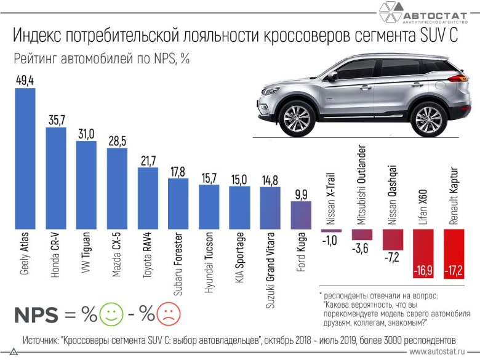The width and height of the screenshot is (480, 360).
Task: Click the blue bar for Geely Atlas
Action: coord(25,160)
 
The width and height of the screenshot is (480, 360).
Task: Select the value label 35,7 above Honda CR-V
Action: coord(56,119)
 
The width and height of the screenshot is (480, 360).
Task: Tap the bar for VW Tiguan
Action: coord(86,185)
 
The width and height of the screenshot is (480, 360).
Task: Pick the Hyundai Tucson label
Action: coord(209,258)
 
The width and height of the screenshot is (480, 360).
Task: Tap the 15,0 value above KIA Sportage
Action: coord(240,179)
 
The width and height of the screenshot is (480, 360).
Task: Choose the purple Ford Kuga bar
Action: coord(301,215)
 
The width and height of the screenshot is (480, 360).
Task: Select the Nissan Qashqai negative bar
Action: coord(393,238)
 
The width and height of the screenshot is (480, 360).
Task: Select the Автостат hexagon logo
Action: coord(389,14)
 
